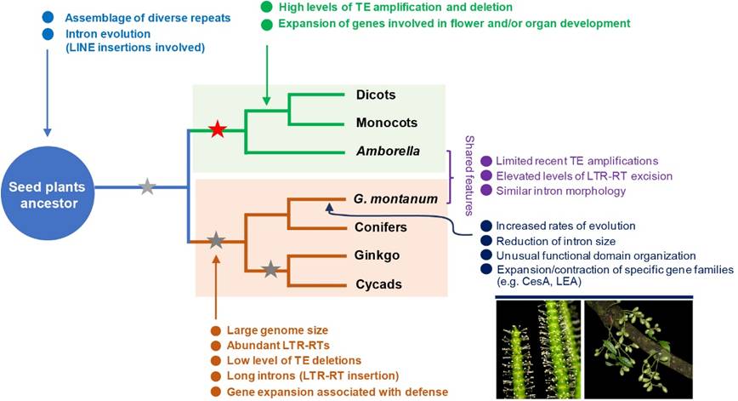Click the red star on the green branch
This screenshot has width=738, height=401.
[x=218, y=130]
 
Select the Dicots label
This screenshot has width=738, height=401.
[x=375, y=95]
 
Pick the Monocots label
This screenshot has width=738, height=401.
[x=385, y=123]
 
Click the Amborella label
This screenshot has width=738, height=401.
[x=387, y=152]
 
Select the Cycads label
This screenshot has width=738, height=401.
[x=378, y=284]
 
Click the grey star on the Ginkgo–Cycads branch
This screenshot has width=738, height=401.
[x=270, y=270]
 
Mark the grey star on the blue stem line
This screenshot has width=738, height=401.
[x=147, y=187]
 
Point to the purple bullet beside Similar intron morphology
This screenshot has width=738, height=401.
[x=486, y=192]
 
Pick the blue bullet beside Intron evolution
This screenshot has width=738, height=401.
[x=48, y=34]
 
